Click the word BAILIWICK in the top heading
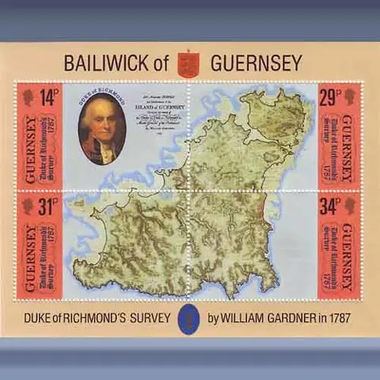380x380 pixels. pyautogui.click(x=105, y=62)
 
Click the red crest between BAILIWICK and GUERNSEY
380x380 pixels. pyautogui.click(x=188, y=63)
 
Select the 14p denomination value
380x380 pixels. pyautogui.click(x=49, y=97)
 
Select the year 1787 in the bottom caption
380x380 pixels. pyautogui.click(x=336, y=318)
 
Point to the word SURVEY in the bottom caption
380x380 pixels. pyautogui.click(x=147, y=318)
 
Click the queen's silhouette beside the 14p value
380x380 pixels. pyautogui.click(x=28, y=97)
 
